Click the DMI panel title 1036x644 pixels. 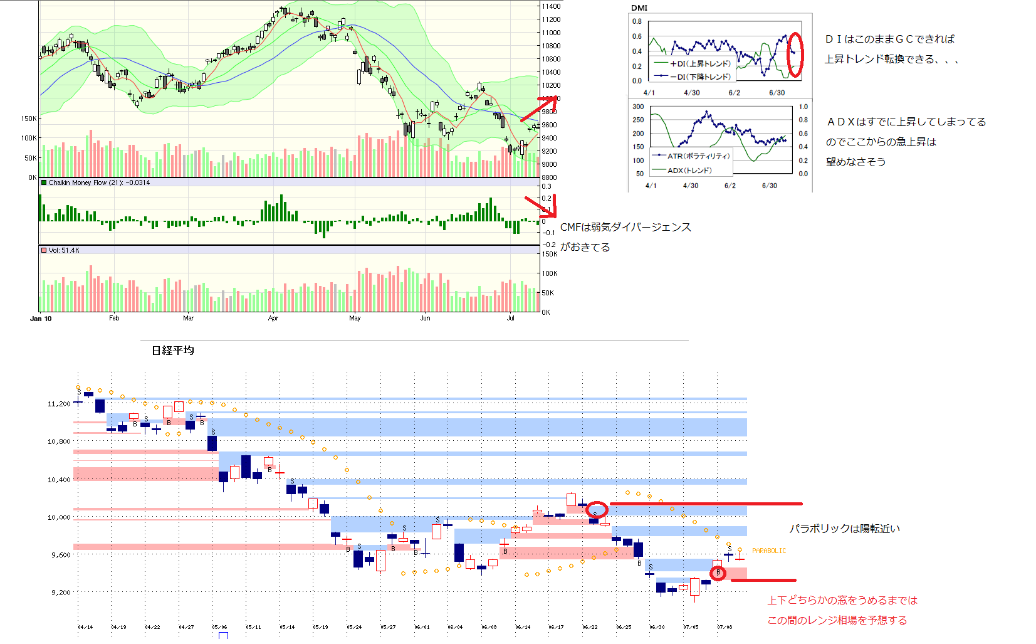pyautogui.click(x=639, y=8)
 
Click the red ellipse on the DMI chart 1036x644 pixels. pyautogui.click(x=795, y=55)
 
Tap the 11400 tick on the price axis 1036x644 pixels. pyautogui.click(x=551, y=6)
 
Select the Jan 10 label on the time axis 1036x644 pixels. pyautogui.click(x=41, y=319)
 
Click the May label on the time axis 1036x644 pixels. pyautogui.click(x=355, y=319)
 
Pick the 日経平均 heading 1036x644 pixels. pyautogui.click(x=172, y=351)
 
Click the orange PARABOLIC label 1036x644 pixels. pyautogui.click(x=769, y=551)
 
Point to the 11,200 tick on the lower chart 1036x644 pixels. pyautogui.click(x=59, y=404)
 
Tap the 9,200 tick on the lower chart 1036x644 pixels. pyautogui.click(x=61, y=593)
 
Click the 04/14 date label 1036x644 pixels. pyautogui.click(x=85, y=627)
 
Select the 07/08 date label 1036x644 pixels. pyautogui.click(x=725, y=627)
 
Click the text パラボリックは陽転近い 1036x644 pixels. pyautogui.click(x=844, y=529)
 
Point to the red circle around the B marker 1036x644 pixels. pyautogui.click(x=718, y=573)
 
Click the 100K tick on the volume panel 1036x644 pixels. pyautogui.click(x=550, y=273)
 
